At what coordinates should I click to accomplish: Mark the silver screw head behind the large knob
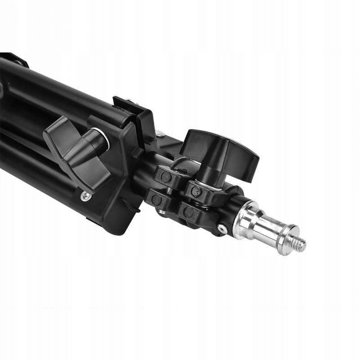coord(161,133)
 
